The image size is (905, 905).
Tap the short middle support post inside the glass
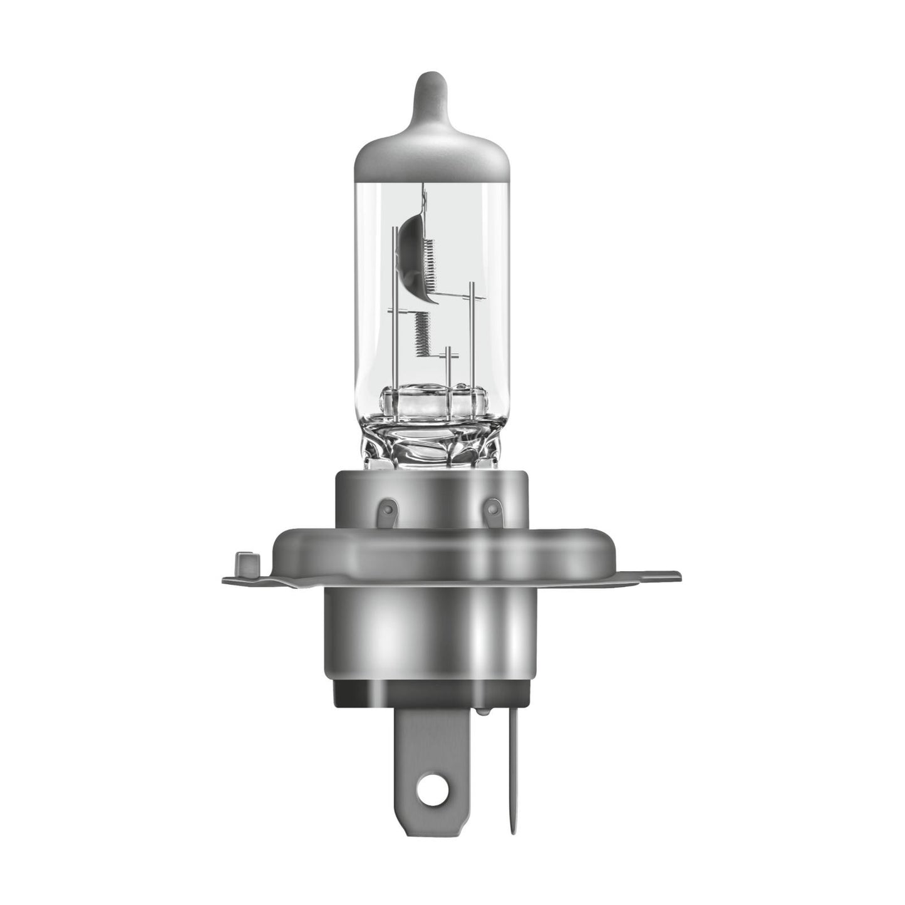click(x=447, y=370)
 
